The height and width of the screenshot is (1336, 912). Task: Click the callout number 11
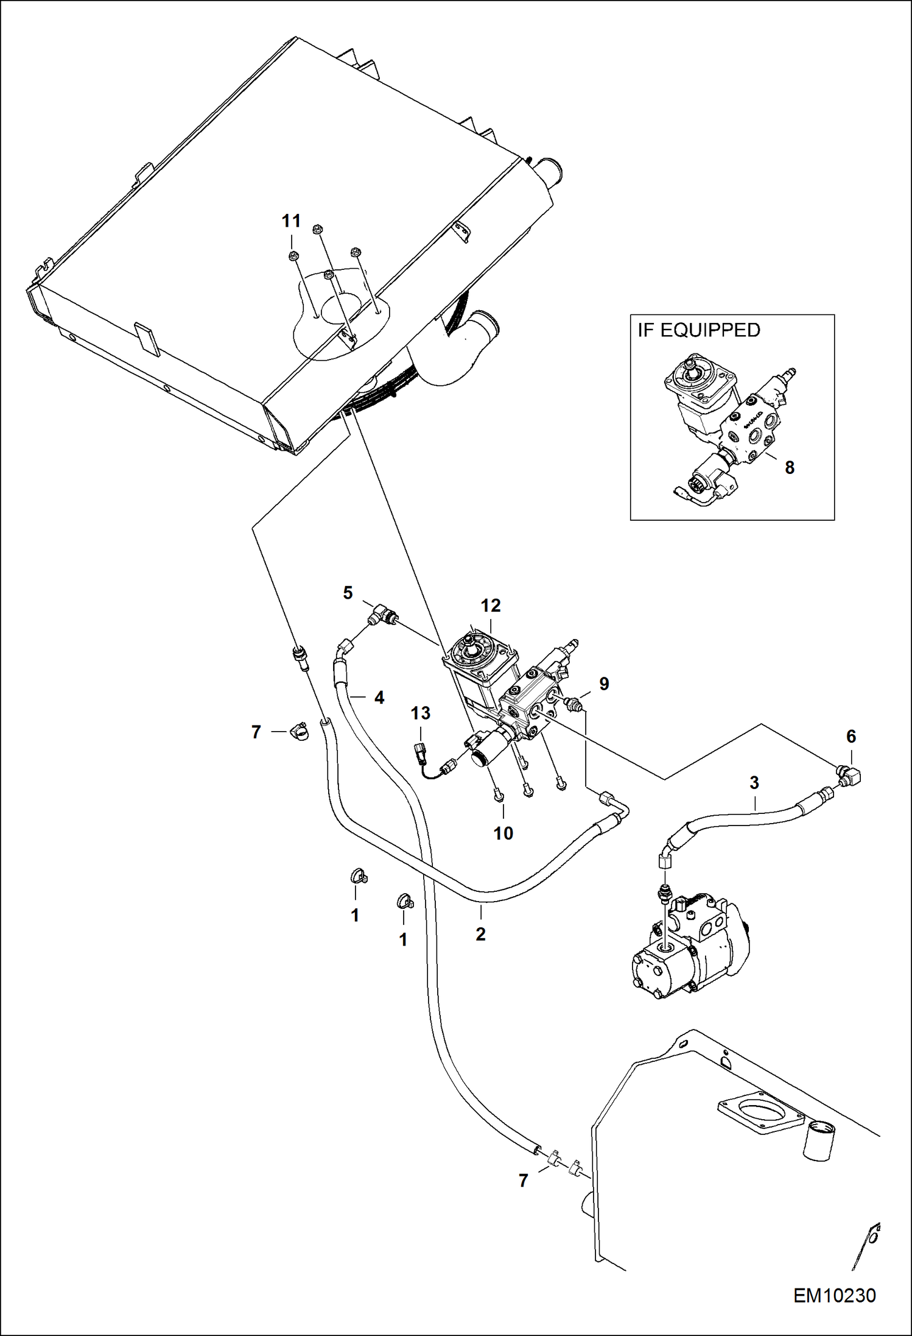coord(291,221)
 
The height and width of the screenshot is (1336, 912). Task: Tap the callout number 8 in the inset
coord(789,467)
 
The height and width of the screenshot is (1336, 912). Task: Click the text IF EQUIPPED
coord(699,330)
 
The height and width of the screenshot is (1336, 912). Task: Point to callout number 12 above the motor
coord(490,606)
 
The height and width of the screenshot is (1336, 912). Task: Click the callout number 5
coord(348,593)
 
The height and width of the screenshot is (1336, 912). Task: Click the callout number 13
coord(420,713)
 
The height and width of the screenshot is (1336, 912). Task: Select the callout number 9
coord(603,684)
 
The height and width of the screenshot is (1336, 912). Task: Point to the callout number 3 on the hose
coord(754,783)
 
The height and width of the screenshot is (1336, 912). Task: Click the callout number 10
coord(503,833)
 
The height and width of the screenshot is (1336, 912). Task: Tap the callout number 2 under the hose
coord(480,934)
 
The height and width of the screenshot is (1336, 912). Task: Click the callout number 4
coord(379,698)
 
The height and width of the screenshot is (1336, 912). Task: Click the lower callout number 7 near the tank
coord(523,1181)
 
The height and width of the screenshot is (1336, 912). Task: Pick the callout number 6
coord(851,737)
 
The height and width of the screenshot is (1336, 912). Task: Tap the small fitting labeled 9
coord(574,704)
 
